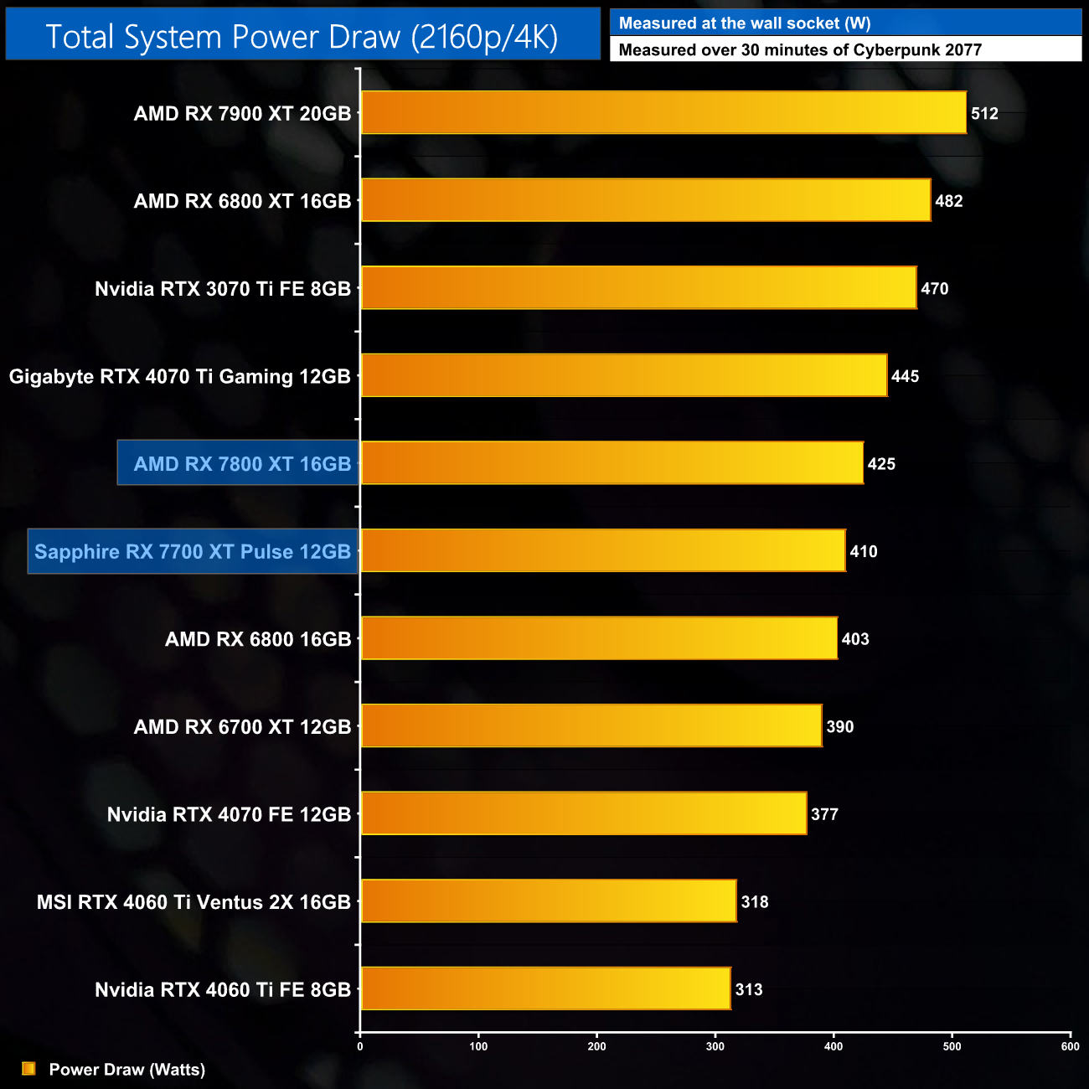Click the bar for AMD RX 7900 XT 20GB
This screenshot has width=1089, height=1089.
663,113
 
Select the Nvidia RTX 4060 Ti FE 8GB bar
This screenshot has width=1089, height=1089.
545,989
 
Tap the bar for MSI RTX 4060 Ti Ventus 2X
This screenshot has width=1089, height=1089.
549,901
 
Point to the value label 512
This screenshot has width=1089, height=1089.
984,114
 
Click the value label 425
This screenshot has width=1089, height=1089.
881,464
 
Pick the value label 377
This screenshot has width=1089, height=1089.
824,814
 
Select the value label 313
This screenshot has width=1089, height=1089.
749,990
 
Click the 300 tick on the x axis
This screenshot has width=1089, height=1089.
715,1046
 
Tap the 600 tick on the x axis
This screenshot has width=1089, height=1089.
1070,1046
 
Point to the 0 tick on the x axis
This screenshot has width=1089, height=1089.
360,1046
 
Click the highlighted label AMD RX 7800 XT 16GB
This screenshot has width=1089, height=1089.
242,464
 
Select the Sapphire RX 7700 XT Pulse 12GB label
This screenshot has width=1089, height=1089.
193,552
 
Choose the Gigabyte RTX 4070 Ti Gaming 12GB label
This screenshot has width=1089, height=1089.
180,377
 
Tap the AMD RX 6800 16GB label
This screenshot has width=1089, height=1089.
258,640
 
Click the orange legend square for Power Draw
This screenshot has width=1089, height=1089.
28,1069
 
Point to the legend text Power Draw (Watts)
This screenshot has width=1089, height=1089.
127,1070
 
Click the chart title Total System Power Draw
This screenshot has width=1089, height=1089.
302,37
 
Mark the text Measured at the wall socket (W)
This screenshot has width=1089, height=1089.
745,23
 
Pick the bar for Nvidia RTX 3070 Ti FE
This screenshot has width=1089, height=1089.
638,288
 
